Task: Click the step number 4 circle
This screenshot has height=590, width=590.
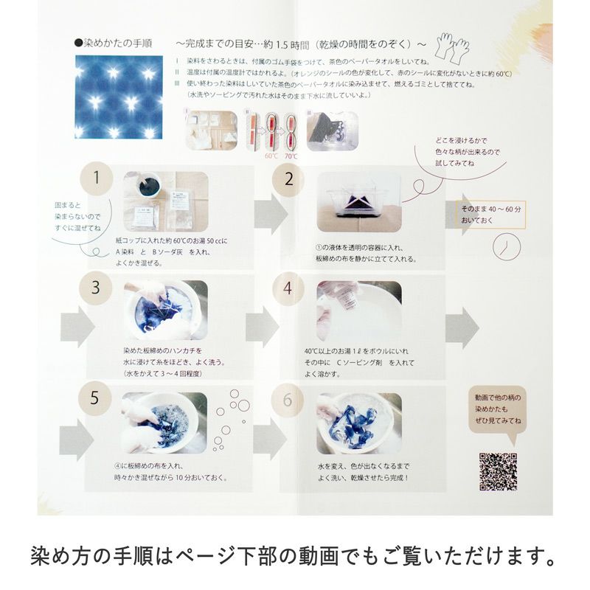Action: [288, 288]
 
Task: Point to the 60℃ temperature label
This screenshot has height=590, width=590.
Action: [269, 156]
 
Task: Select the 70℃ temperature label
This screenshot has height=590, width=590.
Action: [291, 156]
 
